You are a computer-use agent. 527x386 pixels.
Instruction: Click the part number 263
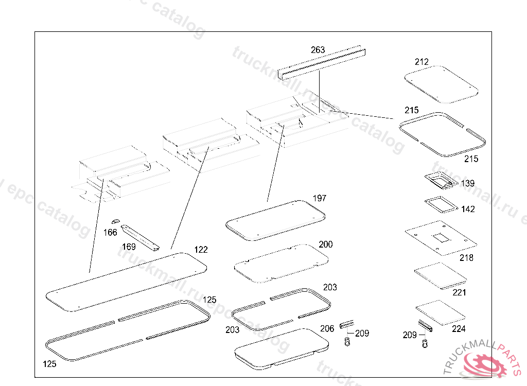coord(318,50)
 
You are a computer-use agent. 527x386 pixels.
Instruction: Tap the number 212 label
coord(421,62)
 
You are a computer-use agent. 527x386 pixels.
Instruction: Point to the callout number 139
coord(467,183)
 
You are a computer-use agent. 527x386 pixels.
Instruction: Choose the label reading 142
coord(468,209)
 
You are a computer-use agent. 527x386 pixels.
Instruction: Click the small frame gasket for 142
coord(441,203)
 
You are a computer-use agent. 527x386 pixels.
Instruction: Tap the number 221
coord(459,292)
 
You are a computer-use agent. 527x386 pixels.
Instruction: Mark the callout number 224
coord(459,328)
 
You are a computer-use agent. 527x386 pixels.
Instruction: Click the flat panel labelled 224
coord(440,312)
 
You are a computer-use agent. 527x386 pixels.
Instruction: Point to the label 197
coord(319,198)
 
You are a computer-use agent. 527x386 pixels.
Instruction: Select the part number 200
coord(325,244)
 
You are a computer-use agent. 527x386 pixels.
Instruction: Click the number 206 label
coord(327,328)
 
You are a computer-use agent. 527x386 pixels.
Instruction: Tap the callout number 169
coord(129,247)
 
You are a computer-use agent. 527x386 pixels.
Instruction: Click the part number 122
coord(201,250)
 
